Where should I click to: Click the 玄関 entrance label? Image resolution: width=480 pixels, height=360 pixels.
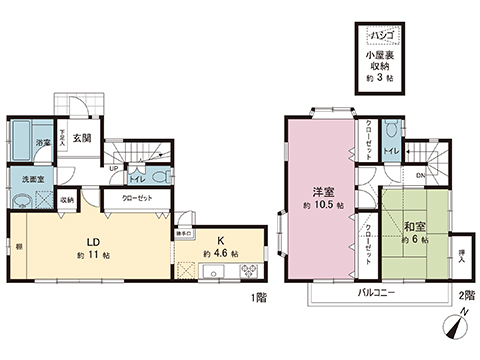(83, 138)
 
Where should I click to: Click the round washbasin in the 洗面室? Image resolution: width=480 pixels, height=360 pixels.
(21, 199)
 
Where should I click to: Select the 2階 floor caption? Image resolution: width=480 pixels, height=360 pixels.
(463, 297)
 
